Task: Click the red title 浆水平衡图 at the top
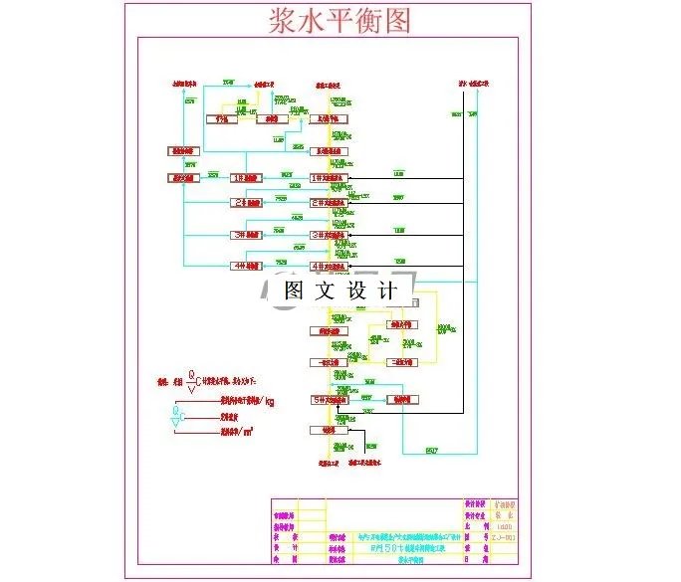340,21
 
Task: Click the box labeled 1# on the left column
246,178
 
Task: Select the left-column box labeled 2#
246,202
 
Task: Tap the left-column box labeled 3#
246,235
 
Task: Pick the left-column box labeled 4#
246,266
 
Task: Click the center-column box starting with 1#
331,178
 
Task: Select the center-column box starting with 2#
331,202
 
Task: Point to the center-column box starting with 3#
331,235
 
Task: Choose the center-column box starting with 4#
331,267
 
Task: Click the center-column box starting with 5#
331,400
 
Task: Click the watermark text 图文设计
340,291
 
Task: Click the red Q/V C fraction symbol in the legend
193,380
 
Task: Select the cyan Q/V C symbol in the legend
177,419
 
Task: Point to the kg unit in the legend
269,402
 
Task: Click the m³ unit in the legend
246,431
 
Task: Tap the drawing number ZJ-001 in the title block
503,536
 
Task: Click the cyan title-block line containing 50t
408,548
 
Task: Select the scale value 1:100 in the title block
503,524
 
